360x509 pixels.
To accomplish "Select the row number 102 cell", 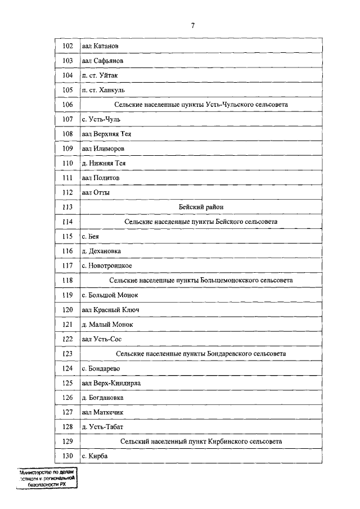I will (x=67, y=46).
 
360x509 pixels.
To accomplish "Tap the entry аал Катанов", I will (x=101, y=46).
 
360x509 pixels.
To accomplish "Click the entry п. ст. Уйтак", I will (x=100, y=75).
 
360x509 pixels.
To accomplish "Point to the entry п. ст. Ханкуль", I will (x=103, y=90).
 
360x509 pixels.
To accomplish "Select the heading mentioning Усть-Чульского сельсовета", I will (x=201, y=105).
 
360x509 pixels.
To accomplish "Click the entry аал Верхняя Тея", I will (x=106, y=134).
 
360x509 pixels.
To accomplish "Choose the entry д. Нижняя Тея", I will (x=103, y=163).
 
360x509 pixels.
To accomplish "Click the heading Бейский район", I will (x=201, y=207).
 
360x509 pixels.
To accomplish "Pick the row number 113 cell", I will (x=67, y=207).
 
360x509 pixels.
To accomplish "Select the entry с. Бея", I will (x=91, y=236).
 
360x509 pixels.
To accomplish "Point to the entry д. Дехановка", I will (x=101, y=251).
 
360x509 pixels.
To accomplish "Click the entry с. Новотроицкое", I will (x=107, y=265).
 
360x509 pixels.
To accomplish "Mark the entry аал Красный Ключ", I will (x=110, y=309).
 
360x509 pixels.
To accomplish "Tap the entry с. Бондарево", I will (x=101, y=368).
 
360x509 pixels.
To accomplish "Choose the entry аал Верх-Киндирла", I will (x=111, y=383).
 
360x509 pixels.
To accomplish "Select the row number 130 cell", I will (x=67, y=456).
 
